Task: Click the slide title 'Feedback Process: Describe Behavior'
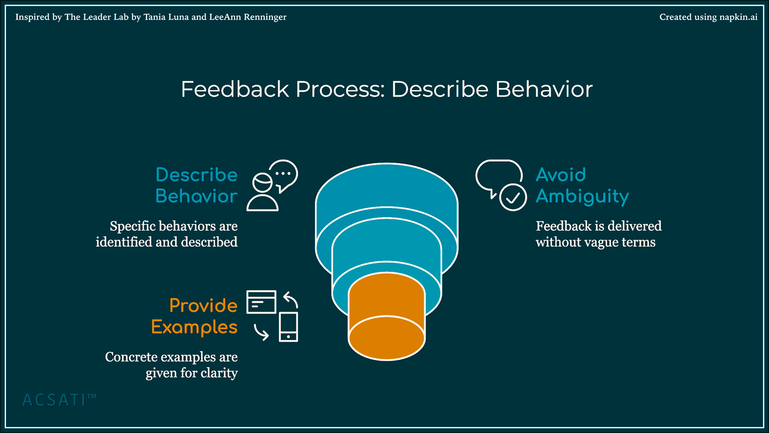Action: coord(387,89)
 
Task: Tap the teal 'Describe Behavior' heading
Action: coord(196,185)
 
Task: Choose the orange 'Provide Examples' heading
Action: coord(195,316)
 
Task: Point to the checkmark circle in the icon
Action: coord(513,197)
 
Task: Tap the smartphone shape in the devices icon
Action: coord(288,327)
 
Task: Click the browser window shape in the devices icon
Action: coord(261,302)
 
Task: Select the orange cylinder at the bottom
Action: coord(387,316)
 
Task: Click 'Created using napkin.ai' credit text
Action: coord(708,17)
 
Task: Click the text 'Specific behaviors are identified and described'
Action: coord(167,234)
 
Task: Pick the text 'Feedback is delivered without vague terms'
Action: coord(598,234)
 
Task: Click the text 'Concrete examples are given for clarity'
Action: coord(171,365)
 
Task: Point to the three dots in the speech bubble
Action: coord(283,174)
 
